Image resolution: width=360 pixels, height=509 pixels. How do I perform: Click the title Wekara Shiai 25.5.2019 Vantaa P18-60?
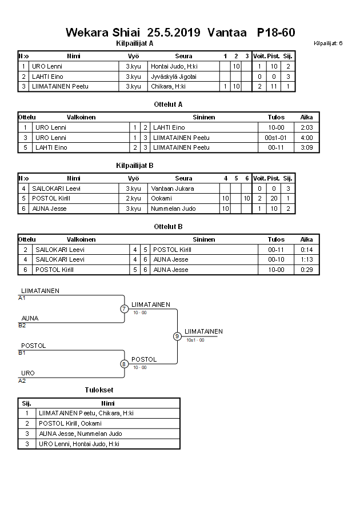(x=180, y=32)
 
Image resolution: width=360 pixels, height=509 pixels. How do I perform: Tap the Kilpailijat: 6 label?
(x=328, y=43)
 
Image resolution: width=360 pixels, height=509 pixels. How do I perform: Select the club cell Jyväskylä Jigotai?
(x=174, y=77)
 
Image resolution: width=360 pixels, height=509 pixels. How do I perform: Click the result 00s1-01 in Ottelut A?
(x=276, y=138)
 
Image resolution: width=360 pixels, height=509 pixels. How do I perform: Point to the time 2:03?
(x=306, y=127)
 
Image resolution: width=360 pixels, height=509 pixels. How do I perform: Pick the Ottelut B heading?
(x=168, y=226)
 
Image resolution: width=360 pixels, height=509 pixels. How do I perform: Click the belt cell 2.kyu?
(x=133, y=198)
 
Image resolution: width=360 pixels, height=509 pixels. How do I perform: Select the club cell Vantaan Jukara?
(x=173, y=189)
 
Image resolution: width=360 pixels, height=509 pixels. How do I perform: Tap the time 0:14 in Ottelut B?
(x=306, y=250)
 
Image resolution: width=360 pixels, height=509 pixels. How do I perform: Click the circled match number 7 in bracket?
(x=124, y=309)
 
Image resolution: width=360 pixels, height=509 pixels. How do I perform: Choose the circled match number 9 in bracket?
(x=177, y=336)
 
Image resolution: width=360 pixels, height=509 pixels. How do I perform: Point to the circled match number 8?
(x=124, y=363)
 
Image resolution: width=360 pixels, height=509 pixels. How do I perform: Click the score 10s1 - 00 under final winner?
(x=195, y=340)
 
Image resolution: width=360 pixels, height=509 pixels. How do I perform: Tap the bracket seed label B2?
(x=22, y=325)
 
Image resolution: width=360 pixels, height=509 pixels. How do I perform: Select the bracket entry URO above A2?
(x=28, y=373)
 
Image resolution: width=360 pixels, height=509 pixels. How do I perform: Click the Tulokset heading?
(x=99, y=390)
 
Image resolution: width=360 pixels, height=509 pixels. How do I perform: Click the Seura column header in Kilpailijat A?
(x=183, y=56)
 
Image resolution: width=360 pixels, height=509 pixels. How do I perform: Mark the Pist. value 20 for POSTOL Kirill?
(x=274, y=198)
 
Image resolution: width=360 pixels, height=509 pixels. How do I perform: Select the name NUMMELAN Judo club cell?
(x=173, y=209)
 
